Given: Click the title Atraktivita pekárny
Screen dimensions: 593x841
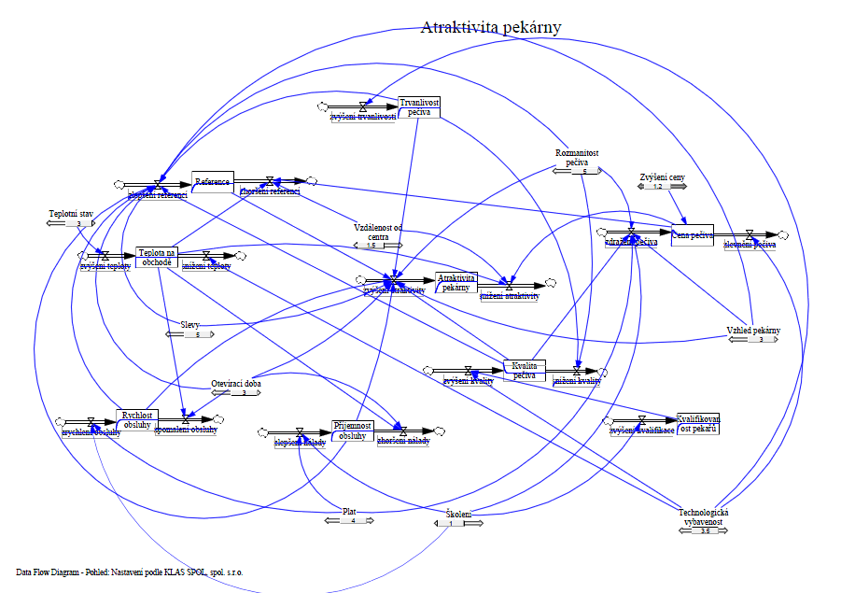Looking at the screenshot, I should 491,27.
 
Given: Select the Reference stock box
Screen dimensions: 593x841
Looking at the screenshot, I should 213,181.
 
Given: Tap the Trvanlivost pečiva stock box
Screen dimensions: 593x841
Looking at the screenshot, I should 419,106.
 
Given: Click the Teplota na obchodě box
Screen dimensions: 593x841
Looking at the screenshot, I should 156,257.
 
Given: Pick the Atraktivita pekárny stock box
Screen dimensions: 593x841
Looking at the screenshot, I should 456,281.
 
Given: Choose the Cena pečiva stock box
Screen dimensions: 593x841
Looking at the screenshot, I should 692,235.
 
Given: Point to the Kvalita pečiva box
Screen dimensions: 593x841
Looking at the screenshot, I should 524,370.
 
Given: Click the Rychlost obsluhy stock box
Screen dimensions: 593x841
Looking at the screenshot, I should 137,419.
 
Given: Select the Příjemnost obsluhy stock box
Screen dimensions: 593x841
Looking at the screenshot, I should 352,431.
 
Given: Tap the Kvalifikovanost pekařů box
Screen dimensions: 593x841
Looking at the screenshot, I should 698,423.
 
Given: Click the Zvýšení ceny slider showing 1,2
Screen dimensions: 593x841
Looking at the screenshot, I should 657,187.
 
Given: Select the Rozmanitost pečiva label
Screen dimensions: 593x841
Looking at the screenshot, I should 577,157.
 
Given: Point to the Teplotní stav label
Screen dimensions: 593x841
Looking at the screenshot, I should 72,214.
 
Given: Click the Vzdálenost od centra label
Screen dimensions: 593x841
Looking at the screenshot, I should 378,232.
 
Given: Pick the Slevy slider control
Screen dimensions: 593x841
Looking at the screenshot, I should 191,334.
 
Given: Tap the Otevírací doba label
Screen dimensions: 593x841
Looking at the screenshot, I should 235,384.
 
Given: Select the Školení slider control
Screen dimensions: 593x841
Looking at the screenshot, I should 458,523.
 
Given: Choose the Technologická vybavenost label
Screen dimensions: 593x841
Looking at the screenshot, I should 703,516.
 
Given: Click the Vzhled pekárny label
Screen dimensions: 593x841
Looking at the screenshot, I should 753,331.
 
